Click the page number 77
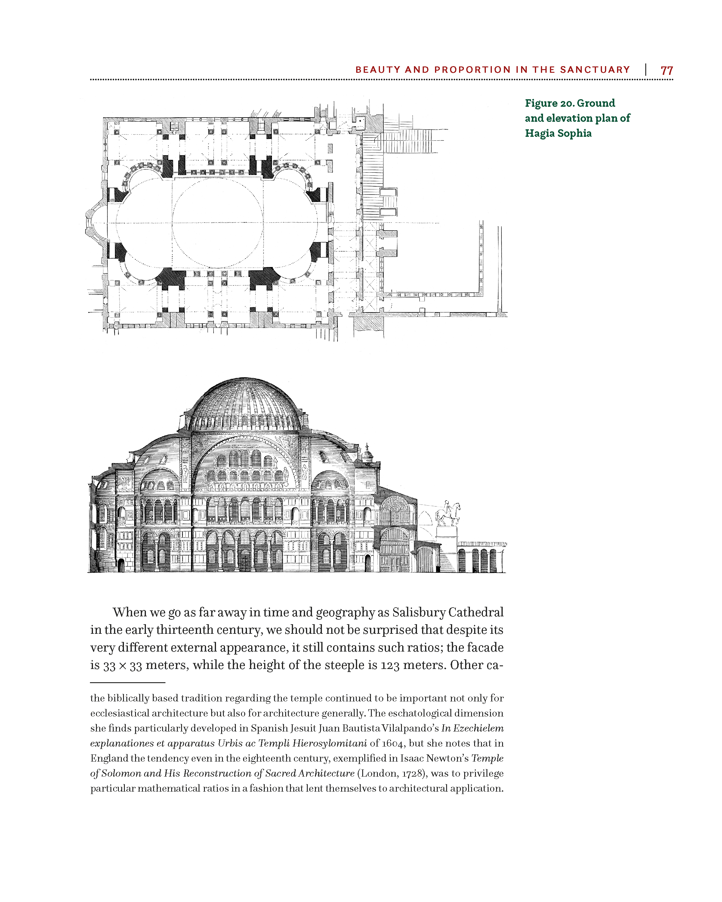click(x=666, y=70)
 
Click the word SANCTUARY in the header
click(x=595, y=69)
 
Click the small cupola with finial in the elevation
click(x=367, y=454)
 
